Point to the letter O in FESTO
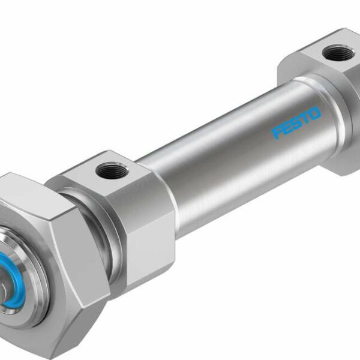pyautogui.click(x=315, y=113)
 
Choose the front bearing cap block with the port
pyautogui.click(x=126, y=204)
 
